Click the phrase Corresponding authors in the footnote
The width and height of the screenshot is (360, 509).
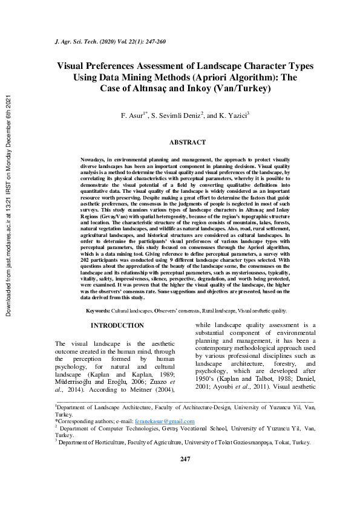click(x=85, y=421)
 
